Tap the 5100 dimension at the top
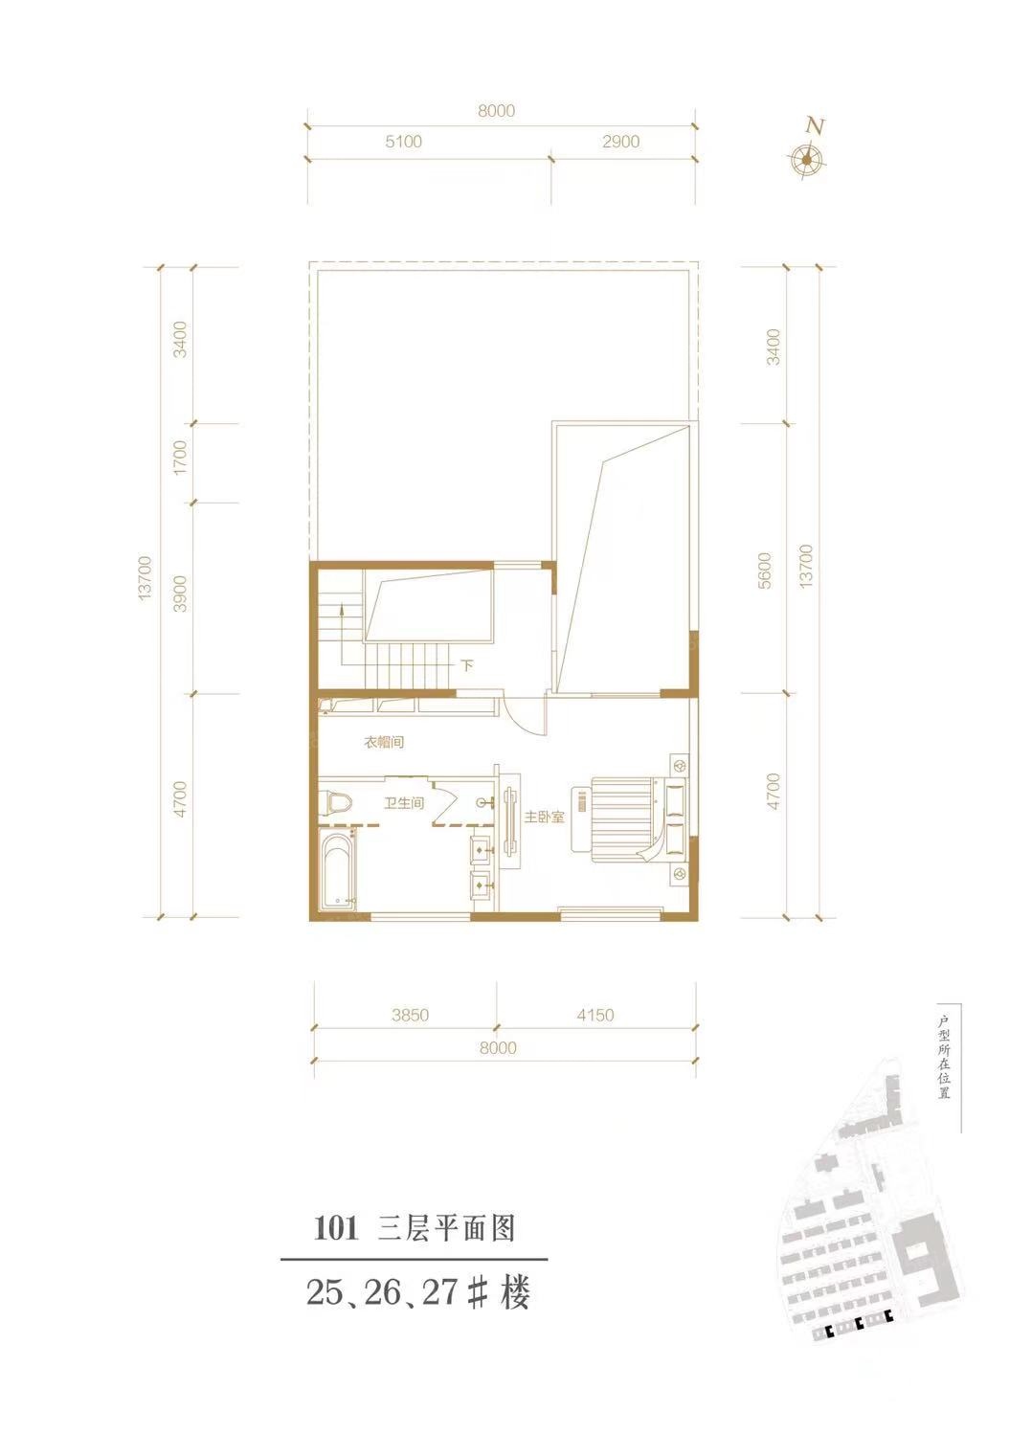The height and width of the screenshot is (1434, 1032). point(403,142)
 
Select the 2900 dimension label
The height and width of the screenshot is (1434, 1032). point(620,142)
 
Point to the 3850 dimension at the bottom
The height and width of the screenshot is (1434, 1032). point(410,1016)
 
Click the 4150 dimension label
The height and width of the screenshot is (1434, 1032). point(595,1016)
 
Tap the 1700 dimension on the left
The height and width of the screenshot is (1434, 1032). point(181,457)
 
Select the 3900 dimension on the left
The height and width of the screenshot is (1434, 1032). point(181,594)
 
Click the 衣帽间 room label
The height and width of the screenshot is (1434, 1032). point(384,743)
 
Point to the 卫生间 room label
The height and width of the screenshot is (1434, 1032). point(403,803)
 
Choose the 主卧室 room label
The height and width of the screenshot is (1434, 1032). point(544,818)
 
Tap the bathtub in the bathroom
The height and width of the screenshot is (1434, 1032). point(337,868)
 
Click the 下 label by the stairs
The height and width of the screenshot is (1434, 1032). point(468,665)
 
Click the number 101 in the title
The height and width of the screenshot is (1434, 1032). point(334,1230)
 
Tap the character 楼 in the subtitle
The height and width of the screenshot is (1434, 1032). point(516,1292)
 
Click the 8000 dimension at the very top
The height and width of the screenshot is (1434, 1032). point(496,111)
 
